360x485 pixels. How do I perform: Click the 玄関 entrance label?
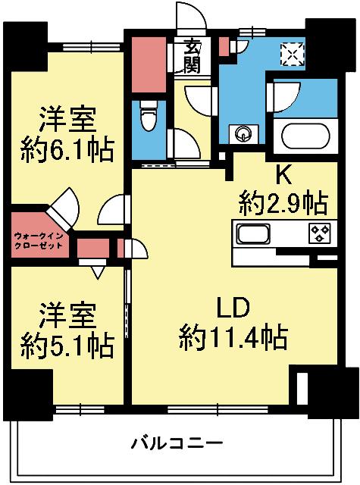[190, 58]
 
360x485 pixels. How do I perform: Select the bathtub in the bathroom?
[306, 137]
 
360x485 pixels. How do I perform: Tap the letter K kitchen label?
[282, 175]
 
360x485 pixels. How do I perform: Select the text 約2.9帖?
[283, 202]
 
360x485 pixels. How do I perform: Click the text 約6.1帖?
[67, 148]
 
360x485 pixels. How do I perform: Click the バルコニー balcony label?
[176, 443]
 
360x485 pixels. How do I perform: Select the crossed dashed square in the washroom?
[290, 54]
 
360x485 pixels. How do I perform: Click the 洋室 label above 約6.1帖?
[67, 120]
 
